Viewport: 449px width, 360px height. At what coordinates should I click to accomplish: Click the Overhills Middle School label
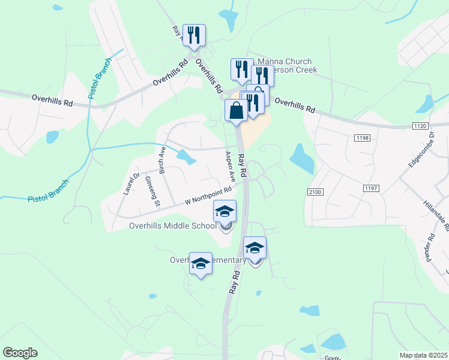(173, 226)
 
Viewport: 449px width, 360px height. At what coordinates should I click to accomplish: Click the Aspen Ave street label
(229, 167)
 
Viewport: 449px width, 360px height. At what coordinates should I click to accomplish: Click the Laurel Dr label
(131, 184)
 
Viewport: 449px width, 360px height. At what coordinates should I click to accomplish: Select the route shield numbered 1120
(420, 125)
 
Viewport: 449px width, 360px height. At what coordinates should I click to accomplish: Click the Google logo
(20, 353)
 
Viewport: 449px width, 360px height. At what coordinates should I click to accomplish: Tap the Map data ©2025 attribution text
(424, 355)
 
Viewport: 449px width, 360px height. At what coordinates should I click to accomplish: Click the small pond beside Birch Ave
(186, 157)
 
